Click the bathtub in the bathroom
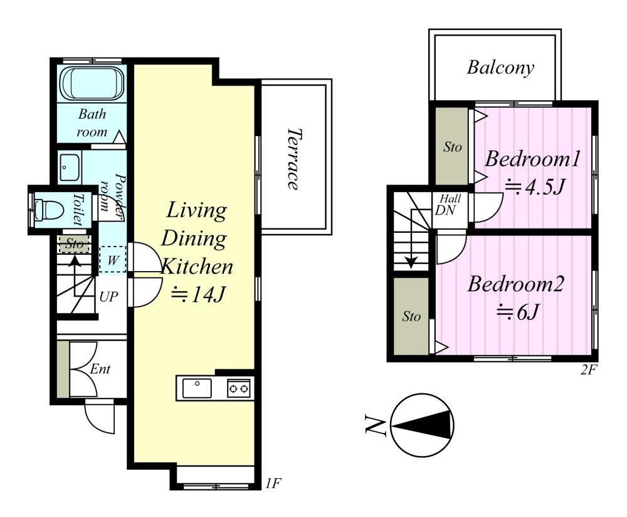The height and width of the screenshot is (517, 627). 92,84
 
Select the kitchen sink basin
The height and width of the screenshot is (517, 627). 197,388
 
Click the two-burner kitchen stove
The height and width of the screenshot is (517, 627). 239,388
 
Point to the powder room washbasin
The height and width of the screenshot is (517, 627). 70,168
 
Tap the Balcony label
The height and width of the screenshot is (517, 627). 500,68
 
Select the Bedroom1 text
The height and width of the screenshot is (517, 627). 532,159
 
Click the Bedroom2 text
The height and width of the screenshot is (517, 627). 515,284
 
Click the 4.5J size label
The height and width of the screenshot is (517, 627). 535,186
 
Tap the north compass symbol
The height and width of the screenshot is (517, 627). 422,425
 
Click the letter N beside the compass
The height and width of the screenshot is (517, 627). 375,425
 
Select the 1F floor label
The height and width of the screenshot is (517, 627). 273,484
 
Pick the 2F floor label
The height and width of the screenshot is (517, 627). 588,370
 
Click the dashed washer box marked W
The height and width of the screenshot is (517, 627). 113,259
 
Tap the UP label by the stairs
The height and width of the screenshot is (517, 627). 108,297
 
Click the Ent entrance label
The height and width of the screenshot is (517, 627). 100,368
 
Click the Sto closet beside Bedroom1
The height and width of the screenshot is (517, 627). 451,146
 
